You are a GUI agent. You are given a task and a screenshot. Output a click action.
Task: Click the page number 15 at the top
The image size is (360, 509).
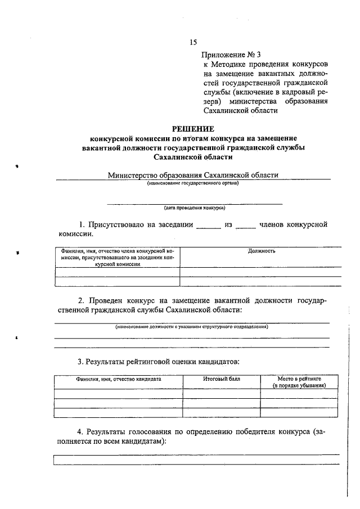tap(193, 43)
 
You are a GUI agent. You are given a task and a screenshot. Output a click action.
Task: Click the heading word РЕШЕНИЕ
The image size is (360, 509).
tap(192, 128)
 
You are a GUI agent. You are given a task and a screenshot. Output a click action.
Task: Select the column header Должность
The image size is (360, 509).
tap(261, 251)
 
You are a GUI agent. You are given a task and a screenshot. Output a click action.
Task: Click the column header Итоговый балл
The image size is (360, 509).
tap(221, 380)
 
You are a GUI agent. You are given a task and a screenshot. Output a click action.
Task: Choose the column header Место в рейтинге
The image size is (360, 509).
tap(299, 380)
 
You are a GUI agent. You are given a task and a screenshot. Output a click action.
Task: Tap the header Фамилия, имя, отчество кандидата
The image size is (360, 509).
tap(119, 380)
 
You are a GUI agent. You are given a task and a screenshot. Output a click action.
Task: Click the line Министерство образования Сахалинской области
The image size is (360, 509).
tap(193, 175)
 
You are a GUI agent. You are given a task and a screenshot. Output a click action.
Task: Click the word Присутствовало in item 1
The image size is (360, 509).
tap(116, 226)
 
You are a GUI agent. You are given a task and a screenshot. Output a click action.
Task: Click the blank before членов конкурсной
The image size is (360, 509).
tap(245, 227)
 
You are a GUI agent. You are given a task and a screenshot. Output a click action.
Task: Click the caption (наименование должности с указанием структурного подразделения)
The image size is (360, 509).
tap(192, 327)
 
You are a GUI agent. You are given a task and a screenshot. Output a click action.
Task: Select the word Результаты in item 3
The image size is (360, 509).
tap(109, 360)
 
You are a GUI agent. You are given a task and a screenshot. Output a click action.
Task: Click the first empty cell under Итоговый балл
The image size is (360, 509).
tap(221, 394)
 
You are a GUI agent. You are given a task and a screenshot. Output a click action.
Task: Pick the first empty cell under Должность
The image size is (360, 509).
tap(261, 272)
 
